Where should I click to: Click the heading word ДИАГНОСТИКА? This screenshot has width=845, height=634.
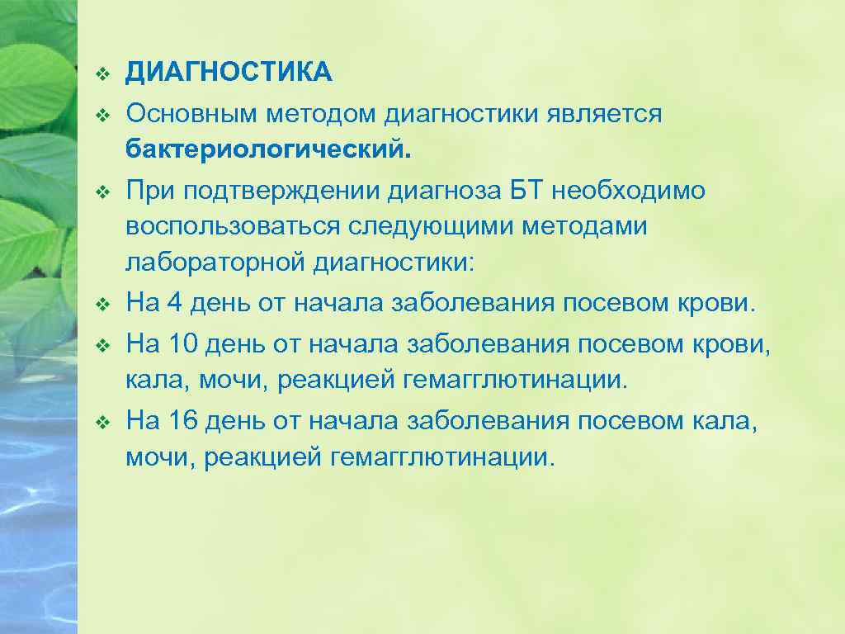pos(229,73)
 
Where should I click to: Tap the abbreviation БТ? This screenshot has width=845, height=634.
pos(525,191)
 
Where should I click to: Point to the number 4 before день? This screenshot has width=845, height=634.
pos(173,303)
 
